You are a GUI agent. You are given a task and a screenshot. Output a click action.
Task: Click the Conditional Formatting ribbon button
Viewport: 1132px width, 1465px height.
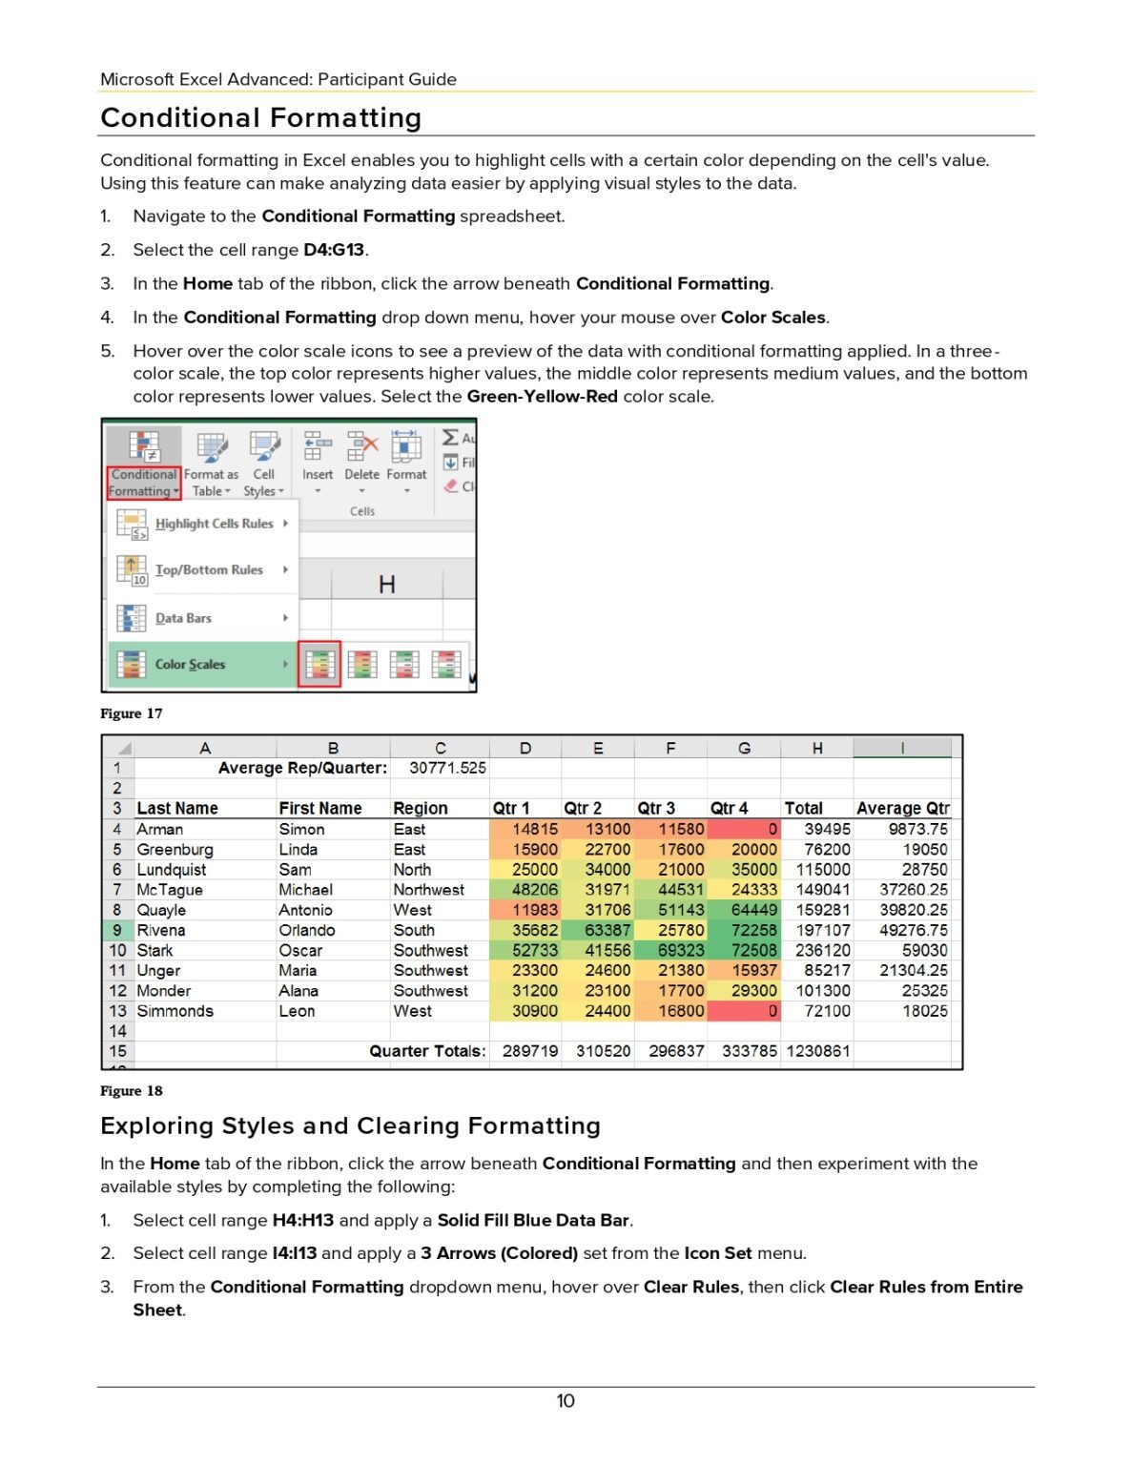point(143,464)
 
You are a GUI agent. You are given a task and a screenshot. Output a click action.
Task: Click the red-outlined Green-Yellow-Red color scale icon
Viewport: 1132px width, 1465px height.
point(319,664)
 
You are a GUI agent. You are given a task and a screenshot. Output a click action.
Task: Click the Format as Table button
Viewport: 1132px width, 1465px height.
point(212,464)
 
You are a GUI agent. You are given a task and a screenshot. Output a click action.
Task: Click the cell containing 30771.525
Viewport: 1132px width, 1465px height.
point(446,768)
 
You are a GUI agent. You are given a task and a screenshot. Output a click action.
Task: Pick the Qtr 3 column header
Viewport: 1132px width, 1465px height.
point(656,808)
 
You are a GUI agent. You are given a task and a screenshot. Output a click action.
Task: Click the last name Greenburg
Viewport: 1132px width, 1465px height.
point(175,849)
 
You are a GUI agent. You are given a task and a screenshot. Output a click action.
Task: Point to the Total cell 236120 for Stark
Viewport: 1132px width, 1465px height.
point(822,950)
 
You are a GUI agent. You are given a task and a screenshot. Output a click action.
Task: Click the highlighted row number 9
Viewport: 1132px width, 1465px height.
point(117,930)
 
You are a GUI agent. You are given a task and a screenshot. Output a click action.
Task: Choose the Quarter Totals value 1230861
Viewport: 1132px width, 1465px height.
point(817,1051)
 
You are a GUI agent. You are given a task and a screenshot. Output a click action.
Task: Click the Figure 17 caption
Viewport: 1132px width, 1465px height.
point(132,713)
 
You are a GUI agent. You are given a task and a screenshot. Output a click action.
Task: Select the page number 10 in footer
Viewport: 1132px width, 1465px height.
point(566,1400)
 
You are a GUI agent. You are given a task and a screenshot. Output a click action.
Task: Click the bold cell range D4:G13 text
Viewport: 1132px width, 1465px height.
point(334,250)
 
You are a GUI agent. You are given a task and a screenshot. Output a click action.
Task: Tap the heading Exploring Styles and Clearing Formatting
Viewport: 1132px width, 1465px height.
point(350,1125)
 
